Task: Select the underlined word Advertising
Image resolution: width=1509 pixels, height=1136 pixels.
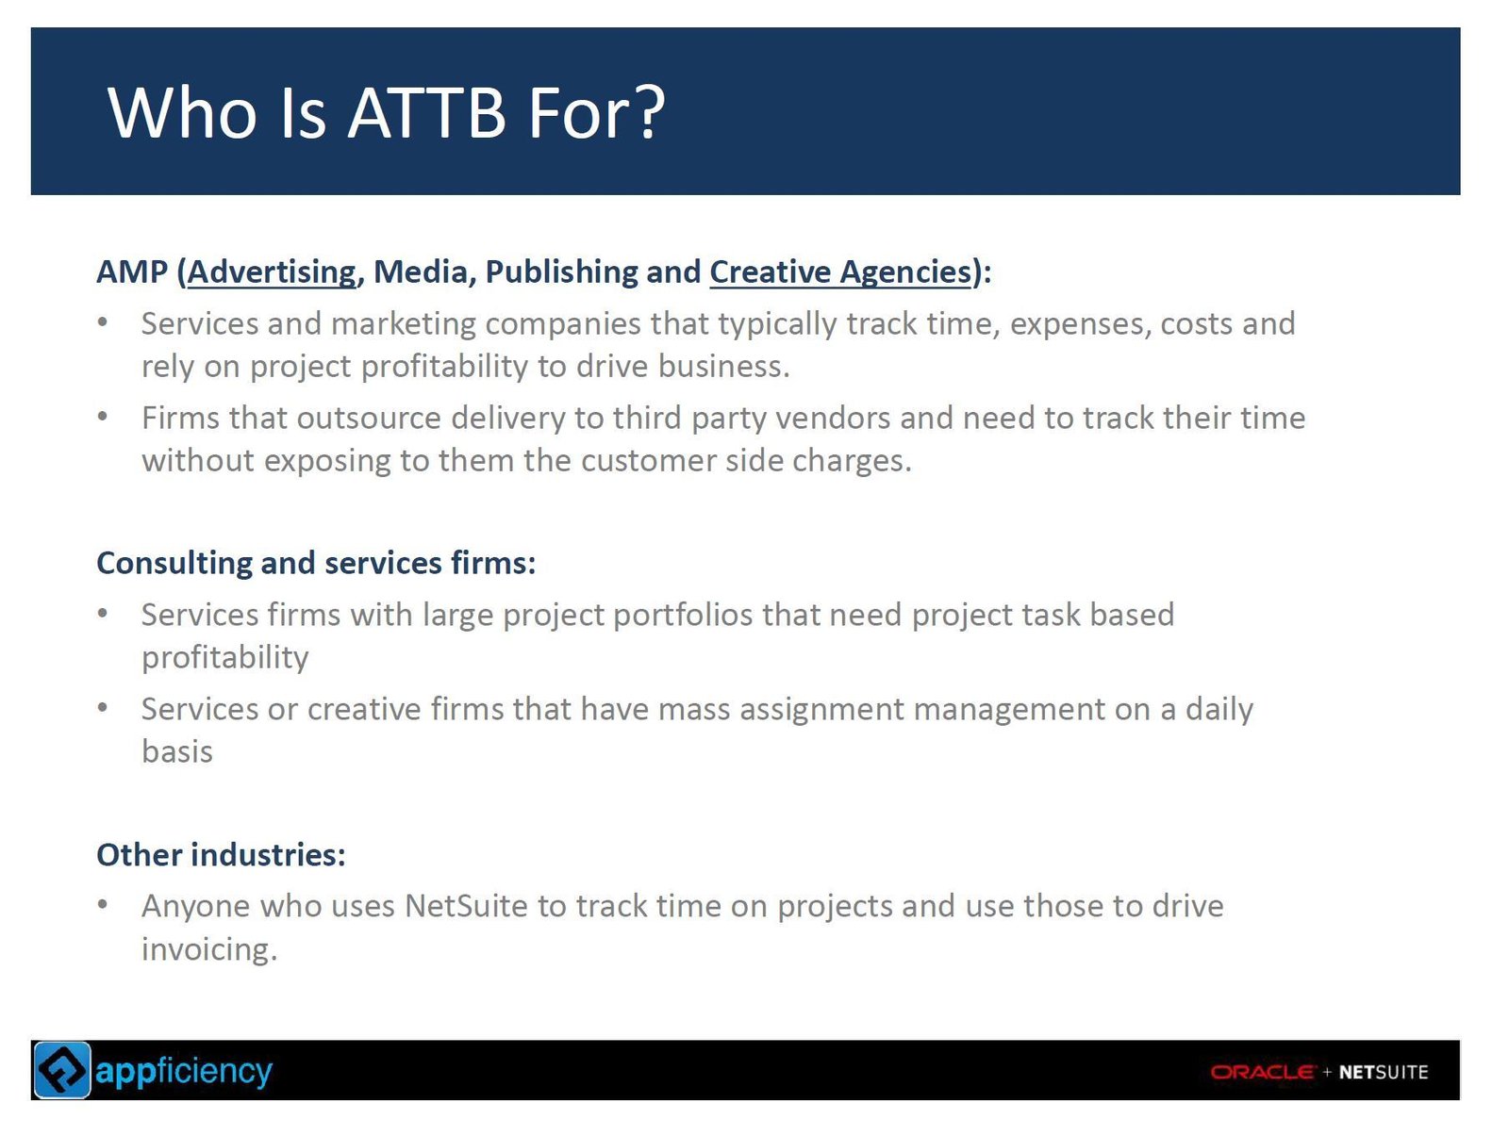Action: (272, 272)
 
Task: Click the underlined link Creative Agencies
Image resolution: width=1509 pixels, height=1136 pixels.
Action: (840, 272)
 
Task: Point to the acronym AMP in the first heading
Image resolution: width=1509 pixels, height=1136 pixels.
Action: (131, 272)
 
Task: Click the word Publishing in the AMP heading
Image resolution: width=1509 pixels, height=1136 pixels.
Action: (560, 272)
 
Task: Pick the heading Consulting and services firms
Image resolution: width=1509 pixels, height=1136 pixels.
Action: (316, 563)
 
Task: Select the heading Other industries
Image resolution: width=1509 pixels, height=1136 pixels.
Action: (221, 854)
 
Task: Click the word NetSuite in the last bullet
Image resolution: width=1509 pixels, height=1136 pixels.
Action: (466, 906)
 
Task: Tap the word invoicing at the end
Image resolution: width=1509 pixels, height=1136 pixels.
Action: (209, 949)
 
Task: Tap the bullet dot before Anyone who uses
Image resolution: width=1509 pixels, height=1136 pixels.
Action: (103, 904)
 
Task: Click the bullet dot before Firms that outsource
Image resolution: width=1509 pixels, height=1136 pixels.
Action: (103, 417)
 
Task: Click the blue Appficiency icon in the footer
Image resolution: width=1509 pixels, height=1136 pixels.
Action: (62, 1070)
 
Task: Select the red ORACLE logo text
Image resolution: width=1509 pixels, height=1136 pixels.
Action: (1262, 1072)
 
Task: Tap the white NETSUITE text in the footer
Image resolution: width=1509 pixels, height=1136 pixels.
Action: (1384, 1072)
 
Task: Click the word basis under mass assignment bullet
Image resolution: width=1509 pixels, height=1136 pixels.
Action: (177, 751)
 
